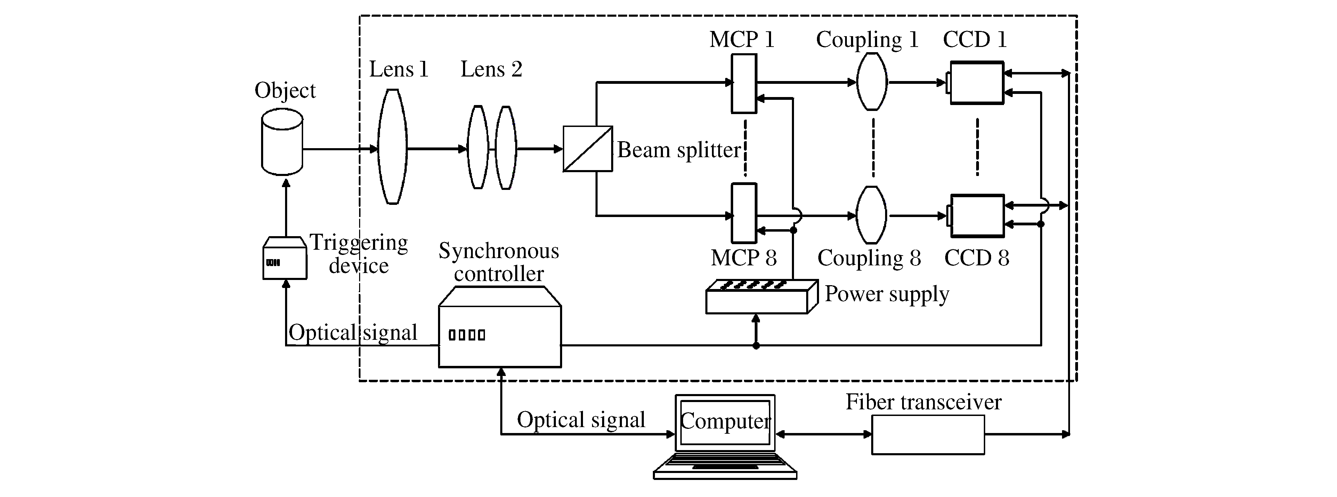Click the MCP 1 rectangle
click(x=744, y=83)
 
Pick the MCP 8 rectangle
click(x=744, y=213)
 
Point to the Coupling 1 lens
click(x=872, y=81)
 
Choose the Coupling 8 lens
click(x=872, y=215)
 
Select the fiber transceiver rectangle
click(x=927, y=435)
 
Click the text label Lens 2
click(x=491, y=69)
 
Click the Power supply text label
click(x=886, y=294)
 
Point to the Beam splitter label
click(x=678, y=150)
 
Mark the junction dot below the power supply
click(x=756, y=345)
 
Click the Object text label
click(x=285, y=90)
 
